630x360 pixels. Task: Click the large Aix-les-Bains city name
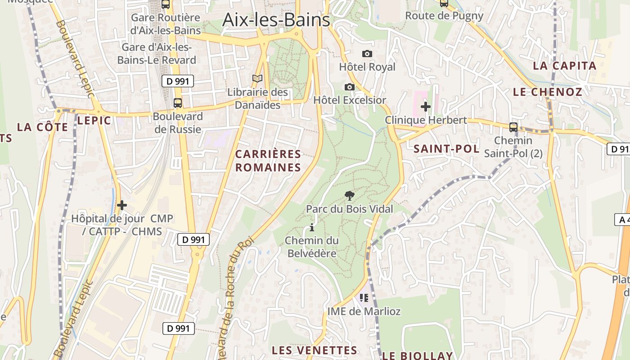pos(276,20)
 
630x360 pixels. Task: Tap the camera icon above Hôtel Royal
pos(367,54)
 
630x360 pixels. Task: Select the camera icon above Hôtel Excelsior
pos(350,87)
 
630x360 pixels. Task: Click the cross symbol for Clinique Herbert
pos(425,107)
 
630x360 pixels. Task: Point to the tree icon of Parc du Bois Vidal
pos(349,196)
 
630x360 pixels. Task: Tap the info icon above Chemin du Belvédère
pos(312,228)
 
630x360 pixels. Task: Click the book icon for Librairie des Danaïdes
pos(257,79)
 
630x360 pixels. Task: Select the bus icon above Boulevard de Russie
pos(178,103)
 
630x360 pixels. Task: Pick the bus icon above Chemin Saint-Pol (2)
pos(513,127)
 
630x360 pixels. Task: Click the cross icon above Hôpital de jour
pos(122,206)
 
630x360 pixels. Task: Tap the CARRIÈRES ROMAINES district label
pos(268,161)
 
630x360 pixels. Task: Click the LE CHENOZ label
pos(548,92)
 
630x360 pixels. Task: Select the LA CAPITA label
pos(565,66)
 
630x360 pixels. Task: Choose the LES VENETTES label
pos(315,350)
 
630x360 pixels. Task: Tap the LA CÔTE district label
pos(43,127)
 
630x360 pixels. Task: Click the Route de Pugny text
pos(444,16)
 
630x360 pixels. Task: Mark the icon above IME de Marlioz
pos(364,297)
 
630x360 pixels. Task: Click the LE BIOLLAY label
pos(417,355)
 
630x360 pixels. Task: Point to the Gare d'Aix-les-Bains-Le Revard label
pos(157,54)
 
